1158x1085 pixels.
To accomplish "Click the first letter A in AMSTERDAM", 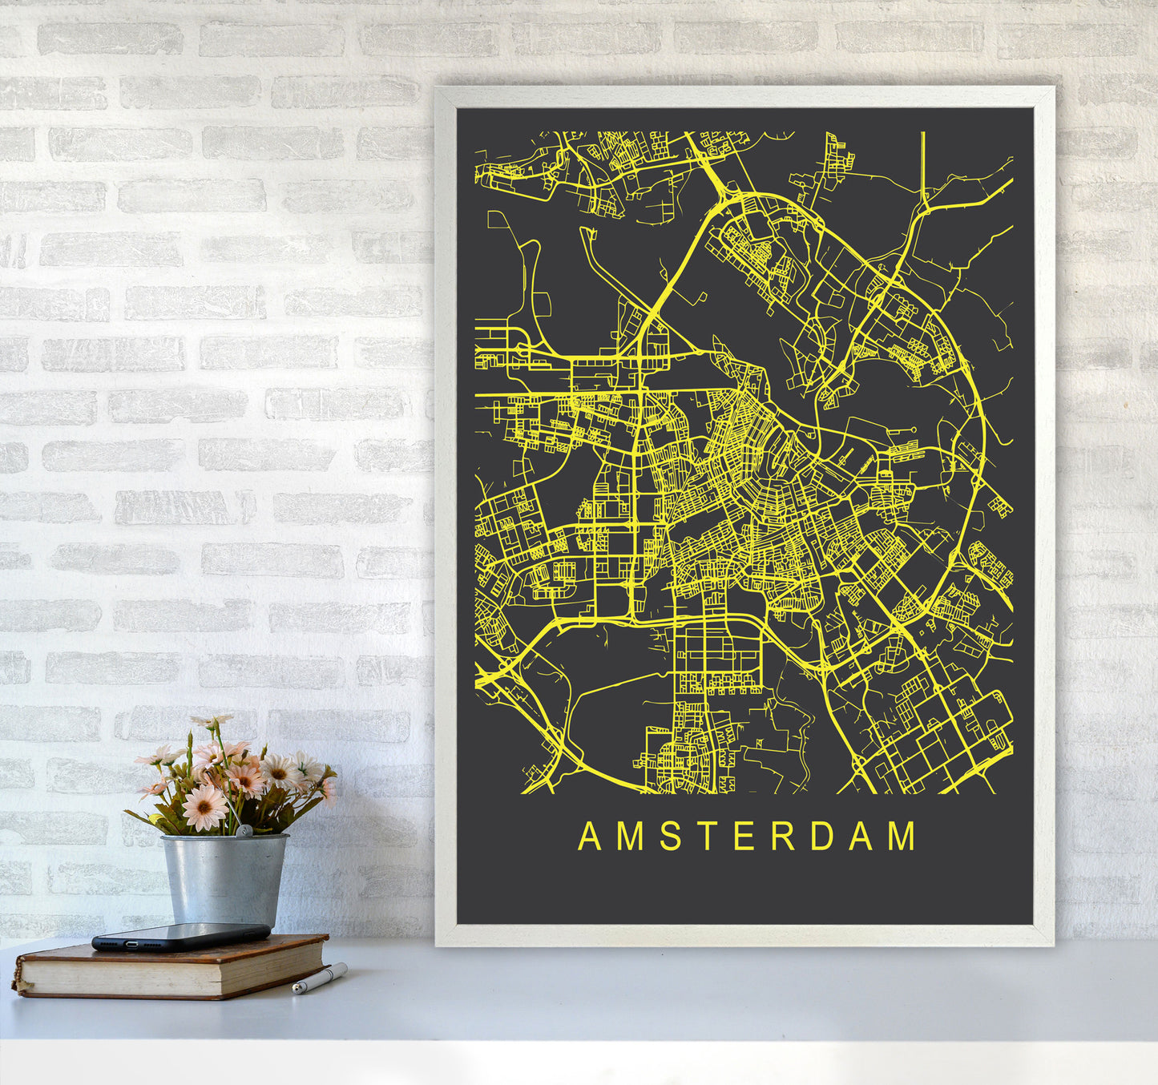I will point(590,836).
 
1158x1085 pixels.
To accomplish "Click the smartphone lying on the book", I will point(180,936).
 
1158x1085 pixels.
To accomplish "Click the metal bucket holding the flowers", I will point(224,878).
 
